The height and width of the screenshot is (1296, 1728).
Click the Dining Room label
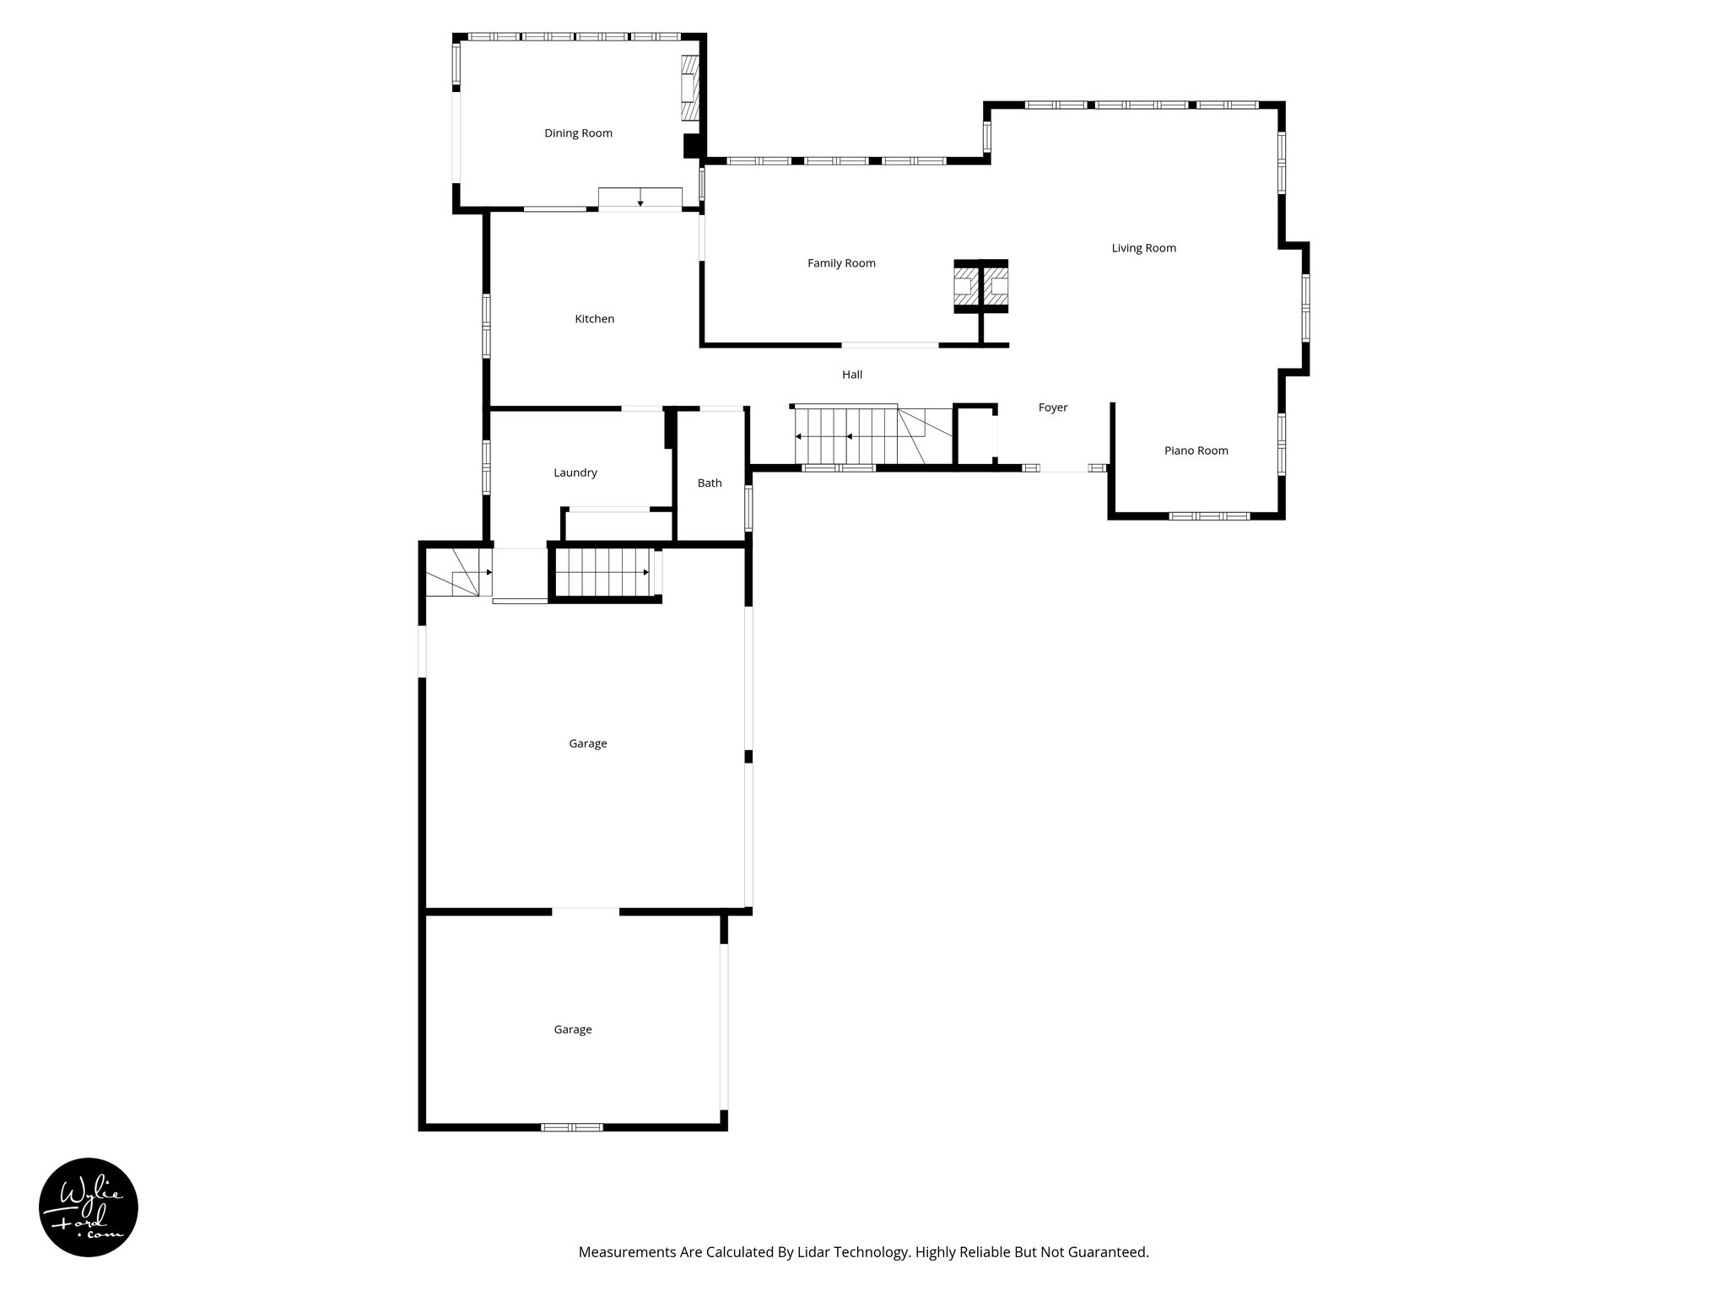pyautogui.click(x=578, y=133)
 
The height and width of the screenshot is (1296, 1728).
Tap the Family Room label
pyautogui.click(x=841, y=263)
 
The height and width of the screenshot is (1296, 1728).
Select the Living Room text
pyautogui.click(x=1143, y=248)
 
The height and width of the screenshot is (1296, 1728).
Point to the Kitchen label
pyautogui.click(x=594, y=319)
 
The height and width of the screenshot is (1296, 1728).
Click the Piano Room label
pyautogui.click(x=1196, y=451)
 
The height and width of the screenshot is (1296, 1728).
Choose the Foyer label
pyautogui.click(x=1052, y=408)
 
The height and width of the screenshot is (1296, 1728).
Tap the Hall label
pyautogui.click(x=851, y=375)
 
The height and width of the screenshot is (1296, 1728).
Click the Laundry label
pyautogui.click(x=575, y=472)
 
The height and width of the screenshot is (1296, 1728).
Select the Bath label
pyautogui.click(x=709, y=483)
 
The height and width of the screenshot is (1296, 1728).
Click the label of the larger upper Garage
pyautogui.click(x=587, y=743)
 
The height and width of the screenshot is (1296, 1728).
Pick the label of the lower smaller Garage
pyautogui.click(x=572, y=1029)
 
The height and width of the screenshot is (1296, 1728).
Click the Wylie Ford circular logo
pyautogui.click(x=89, y=1207)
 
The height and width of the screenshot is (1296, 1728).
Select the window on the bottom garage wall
pyautogui.click(x=572, y=1126)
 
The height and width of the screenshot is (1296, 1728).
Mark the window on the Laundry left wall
pyautogui.click(x=486, y=467)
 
